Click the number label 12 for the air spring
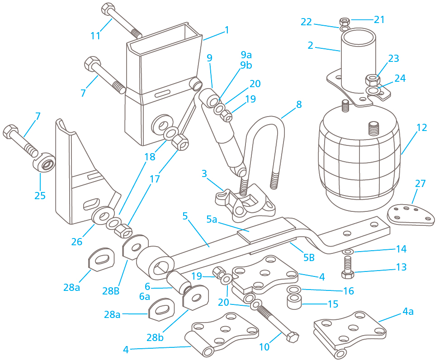(421, 128)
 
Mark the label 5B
(308, 258)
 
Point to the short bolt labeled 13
(348, 267)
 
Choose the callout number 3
(204, 173)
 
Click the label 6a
(145, 296)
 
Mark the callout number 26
(77, 242)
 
